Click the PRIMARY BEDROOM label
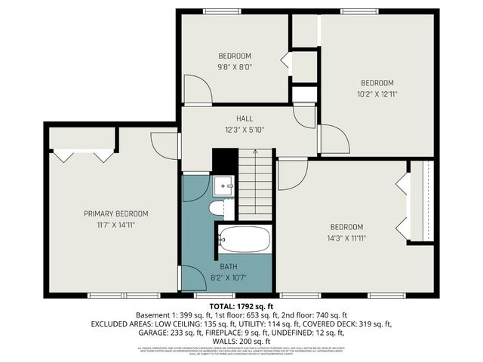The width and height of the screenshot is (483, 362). coord(115,213)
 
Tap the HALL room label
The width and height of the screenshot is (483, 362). coord(245,118)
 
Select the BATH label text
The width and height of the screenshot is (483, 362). coord(229,266)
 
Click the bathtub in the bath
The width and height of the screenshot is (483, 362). coord(244,240)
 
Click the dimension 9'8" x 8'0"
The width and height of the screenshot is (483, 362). coord(235,66)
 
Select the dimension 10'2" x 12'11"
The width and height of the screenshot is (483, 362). coord(377,94)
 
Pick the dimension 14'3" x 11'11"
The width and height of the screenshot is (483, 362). coord(346,238)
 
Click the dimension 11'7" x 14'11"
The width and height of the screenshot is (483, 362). coord(115,224)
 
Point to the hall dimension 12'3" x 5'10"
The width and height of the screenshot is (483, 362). coord(245,129)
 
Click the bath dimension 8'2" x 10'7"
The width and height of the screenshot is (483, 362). coord(229,277)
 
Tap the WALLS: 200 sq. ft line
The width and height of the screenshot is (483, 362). coord(241,340)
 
